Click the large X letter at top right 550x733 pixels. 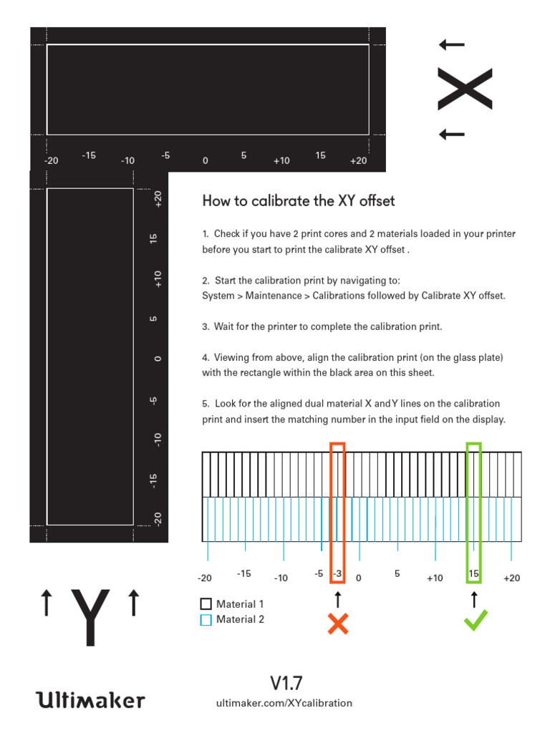(465, 89)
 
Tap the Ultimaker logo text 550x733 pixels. (90, 699)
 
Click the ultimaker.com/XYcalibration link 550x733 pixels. (284, 703)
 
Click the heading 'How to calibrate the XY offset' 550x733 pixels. (299, 201)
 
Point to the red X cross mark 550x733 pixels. (337, 624)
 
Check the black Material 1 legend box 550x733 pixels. (206, 604)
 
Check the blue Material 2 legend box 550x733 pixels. (206, 620)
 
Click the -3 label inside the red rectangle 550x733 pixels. (337, 574)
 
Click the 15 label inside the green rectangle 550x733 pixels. (473, 574)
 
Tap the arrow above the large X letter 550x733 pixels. (452, 45)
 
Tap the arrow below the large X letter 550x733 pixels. (452, 134)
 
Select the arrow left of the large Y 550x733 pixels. (47, 602)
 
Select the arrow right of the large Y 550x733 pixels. (132, 602)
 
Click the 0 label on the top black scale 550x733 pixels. (205, 160)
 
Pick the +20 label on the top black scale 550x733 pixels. (358, 160)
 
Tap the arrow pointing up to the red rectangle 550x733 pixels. (337, 599)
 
